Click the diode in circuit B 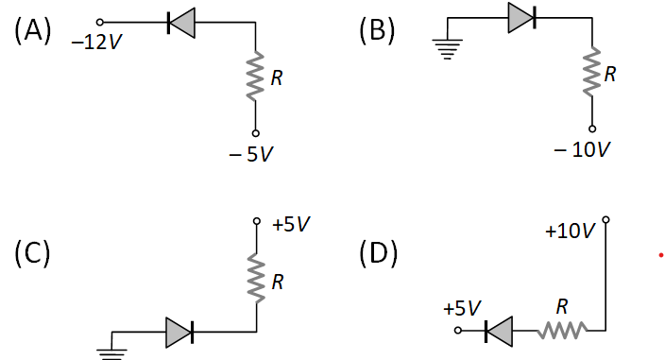pyautogui.click(x=521, y=17)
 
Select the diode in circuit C pyautogui.click(x=179, y=331)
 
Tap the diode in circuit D pyautogui.click(x=498, y=331)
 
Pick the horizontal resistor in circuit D pyautogui.click(x=562, y=331)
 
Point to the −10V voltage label pyautogui.click(x=583, y=150)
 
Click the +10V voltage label pyautogui.click(x=571, y=231)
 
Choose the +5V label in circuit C pyautogui.click(x=290, y=225)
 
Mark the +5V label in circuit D pyautogui.click(x=462, y=309)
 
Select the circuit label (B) pyautogui.click(x=377, y=30)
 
